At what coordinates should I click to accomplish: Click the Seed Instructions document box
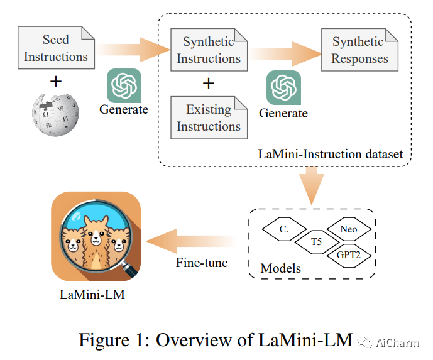55,48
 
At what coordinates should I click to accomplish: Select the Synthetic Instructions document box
208,50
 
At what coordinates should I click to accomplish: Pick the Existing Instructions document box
208,117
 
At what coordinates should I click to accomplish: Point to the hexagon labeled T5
317,241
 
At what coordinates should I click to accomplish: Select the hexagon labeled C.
283,229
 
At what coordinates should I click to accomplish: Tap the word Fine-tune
201,262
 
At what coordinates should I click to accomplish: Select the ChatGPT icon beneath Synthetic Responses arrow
283,89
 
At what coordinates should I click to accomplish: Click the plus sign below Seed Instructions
55,80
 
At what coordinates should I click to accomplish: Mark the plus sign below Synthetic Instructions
208,84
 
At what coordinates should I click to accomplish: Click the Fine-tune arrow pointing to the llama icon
192,238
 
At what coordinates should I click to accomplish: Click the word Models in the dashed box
280,269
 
